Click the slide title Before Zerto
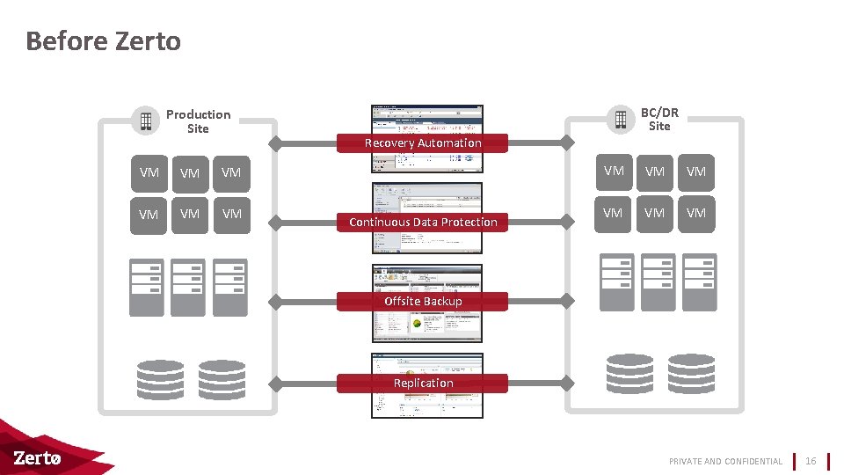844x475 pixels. tap(103, 41)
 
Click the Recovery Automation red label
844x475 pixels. tap(423, 142)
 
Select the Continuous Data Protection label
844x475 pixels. tap(423, 222)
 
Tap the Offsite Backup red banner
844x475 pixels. tap(423, 301)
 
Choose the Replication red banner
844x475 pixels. tap(423, 383)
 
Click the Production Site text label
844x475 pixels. tap(198, 121)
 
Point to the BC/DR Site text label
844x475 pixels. tap(658, 119)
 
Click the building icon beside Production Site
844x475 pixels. tap(145, 121)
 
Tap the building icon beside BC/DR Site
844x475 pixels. tap(620, 119)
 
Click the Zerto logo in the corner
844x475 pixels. tap(38, 458)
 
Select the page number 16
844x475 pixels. tap(811, 461)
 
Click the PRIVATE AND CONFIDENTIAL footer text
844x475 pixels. tap(725, 461)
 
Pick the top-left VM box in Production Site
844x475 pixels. tap(149, 172)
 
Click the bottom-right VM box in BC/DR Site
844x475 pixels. tap(695, 213)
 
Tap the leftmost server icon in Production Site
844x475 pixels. tap(146, 287)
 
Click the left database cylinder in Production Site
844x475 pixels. tap(161, 379)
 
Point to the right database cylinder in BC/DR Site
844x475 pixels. tap(691, 374)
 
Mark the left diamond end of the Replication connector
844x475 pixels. tap(275, 383)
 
